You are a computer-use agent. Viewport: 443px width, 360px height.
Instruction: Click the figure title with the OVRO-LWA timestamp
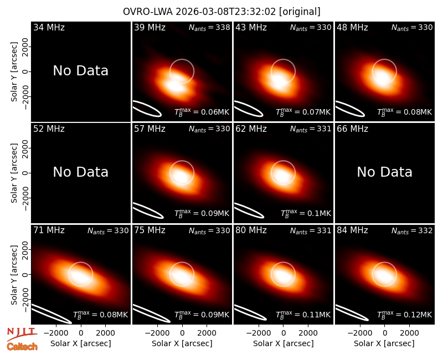221,12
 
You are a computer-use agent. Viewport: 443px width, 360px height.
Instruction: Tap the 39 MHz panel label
150,27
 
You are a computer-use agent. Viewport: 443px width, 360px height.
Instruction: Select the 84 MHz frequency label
352,230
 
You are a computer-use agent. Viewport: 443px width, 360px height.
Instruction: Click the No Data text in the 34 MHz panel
81,71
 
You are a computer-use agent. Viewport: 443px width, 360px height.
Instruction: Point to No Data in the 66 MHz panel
384,172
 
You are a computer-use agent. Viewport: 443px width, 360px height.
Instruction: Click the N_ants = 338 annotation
209,28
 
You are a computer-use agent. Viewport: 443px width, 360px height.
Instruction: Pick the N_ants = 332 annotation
412,231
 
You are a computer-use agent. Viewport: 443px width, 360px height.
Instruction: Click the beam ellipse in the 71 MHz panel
51,313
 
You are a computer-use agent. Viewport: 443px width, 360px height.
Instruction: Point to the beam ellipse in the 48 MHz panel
350,109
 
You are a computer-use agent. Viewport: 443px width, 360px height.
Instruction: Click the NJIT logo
22,333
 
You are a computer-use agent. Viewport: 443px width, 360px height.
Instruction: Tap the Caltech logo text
22,347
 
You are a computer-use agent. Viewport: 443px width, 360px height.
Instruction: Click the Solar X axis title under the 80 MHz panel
284,343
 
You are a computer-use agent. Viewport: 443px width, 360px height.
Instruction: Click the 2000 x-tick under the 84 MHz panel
409,333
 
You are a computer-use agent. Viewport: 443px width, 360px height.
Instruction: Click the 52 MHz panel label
49,129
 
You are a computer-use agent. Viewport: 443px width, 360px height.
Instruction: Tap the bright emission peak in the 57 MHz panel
180,176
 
